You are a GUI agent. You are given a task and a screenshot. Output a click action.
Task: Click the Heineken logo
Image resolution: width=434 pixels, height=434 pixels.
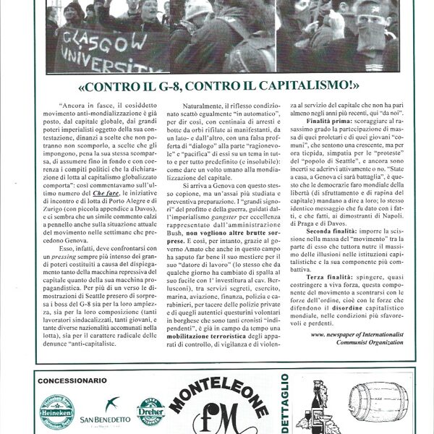[x=56, y=412]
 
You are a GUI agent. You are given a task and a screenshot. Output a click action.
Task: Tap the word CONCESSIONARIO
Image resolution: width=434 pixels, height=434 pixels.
[x=72, y=380]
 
